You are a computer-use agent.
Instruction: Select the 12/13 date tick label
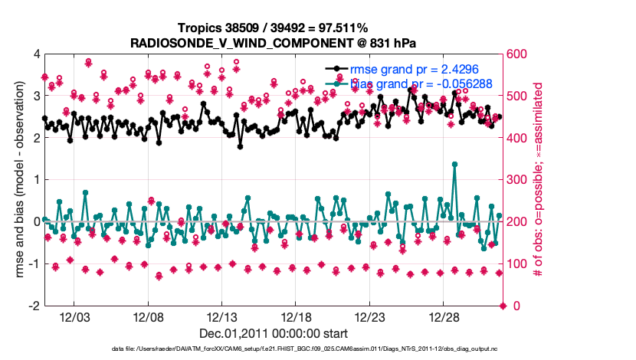[x=222, y=316]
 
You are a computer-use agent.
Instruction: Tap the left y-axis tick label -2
[x=34, y=306]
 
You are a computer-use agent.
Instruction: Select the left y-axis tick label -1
[x=34, y=263]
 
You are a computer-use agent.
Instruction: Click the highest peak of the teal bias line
[x=455, y=164]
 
